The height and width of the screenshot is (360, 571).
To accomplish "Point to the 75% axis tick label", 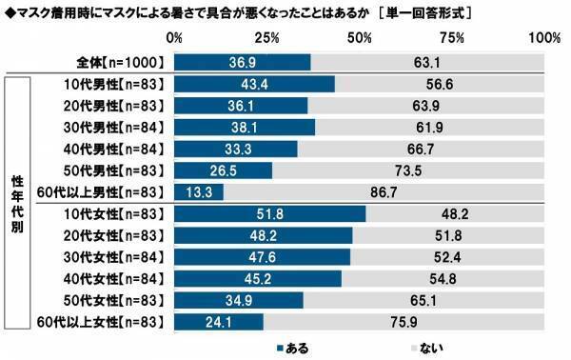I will (x=452, y=38).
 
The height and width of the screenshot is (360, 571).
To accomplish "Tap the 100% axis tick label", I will (x=543, y=38).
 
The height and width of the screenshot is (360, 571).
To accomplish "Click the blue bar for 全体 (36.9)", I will (x=243, y=62).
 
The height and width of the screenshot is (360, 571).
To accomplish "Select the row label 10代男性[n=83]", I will (x=112, y=84).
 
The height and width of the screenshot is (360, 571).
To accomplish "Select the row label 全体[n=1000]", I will (x=121, y=62).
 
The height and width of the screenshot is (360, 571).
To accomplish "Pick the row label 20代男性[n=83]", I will (x=112, y=105).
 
